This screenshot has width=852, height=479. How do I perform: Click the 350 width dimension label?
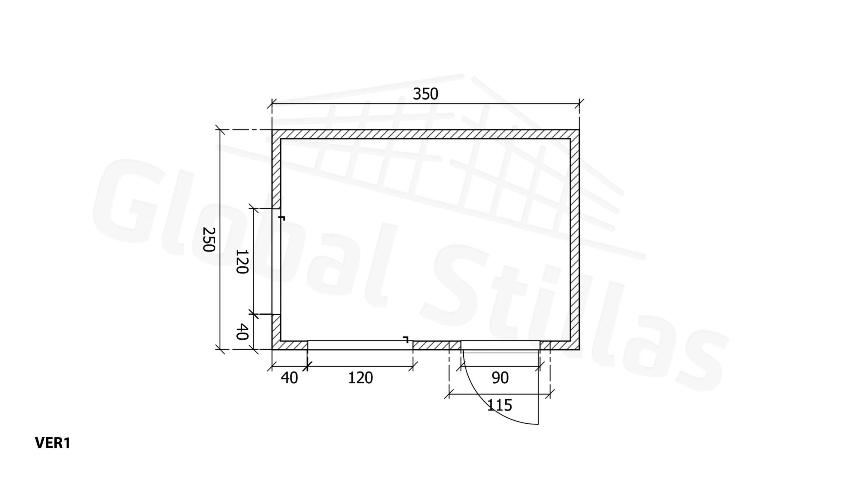[x=425, y=94]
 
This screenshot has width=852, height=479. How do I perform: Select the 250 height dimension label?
[x=209, y=239]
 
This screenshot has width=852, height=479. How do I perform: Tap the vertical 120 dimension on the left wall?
[x=242, y=262]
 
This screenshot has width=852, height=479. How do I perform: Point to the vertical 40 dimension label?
[x=242, y=332]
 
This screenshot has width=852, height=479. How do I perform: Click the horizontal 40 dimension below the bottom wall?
[x=289, y=378]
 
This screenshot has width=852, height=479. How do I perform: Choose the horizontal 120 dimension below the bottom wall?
[x=360, y=378]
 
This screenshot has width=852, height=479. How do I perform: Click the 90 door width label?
[x=500, y=378]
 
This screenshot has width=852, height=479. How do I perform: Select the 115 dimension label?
[x=500, y=405]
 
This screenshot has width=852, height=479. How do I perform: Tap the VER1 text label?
[x=53, y=443]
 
